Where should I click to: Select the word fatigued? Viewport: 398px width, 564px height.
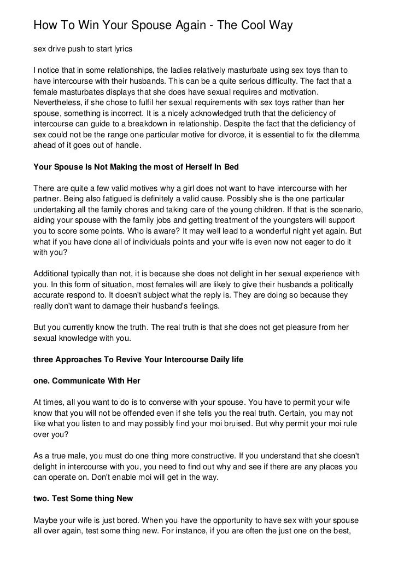[121, 199]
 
